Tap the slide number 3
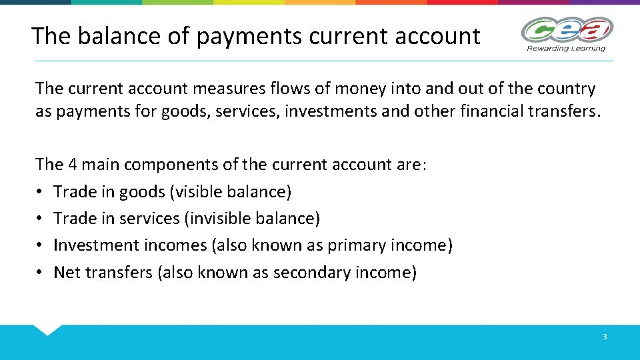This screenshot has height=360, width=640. (605, 337)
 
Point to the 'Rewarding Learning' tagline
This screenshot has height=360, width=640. (565, 48)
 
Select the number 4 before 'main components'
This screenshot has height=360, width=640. (74, 165)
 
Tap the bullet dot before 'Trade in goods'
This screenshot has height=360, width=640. (40, 192)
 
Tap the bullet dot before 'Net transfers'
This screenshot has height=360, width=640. (40, 273)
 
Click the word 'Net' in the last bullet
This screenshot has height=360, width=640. (66, 273)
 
